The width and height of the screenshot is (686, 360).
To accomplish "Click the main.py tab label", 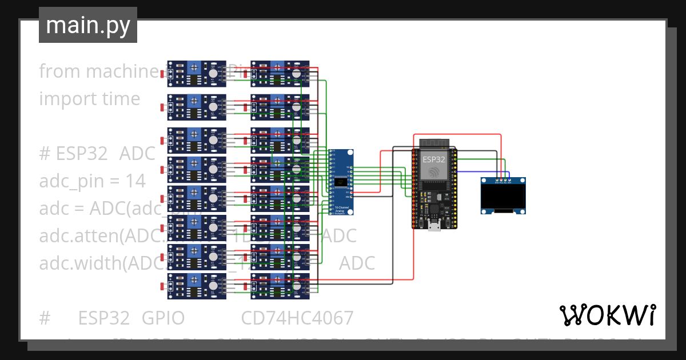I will click(87, 25).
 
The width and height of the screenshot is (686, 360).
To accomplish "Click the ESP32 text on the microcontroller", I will click(434, 159).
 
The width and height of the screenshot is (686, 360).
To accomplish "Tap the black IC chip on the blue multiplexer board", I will click(342, 182).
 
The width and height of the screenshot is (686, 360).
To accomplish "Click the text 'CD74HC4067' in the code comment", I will click(297, 318).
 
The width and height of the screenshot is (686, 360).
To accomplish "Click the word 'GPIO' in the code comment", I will click(163, 318).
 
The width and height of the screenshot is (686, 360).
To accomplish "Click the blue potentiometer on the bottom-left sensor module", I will click(196, 279).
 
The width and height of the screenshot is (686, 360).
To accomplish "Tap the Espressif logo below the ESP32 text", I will click(434, 172).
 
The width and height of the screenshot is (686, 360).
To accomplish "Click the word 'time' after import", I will click(122, 99).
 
